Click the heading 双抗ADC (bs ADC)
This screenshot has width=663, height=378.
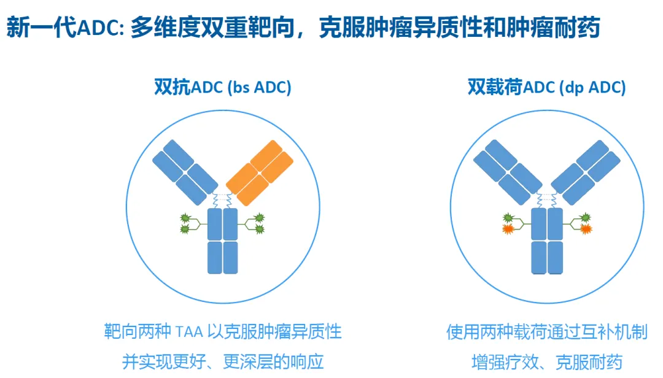point(222,88)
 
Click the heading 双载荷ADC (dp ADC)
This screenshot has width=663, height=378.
point(546,88)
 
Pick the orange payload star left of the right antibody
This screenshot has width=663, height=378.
point(508,229)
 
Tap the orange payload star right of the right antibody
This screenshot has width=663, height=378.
point(585,229)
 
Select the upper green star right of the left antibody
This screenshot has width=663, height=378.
point(259,217)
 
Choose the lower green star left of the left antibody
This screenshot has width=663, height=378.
point(184,229)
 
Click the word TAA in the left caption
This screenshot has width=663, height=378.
point(188,333)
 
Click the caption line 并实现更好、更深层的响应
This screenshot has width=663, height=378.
point(222,361)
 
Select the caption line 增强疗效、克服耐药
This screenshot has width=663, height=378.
point(546,361)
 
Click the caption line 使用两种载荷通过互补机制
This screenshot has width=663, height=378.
point(546,333)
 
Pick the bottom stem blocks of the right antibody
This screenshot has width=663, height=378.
point(546,258)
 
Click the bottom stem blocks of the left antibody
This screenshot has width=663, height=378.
point(222,258)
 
